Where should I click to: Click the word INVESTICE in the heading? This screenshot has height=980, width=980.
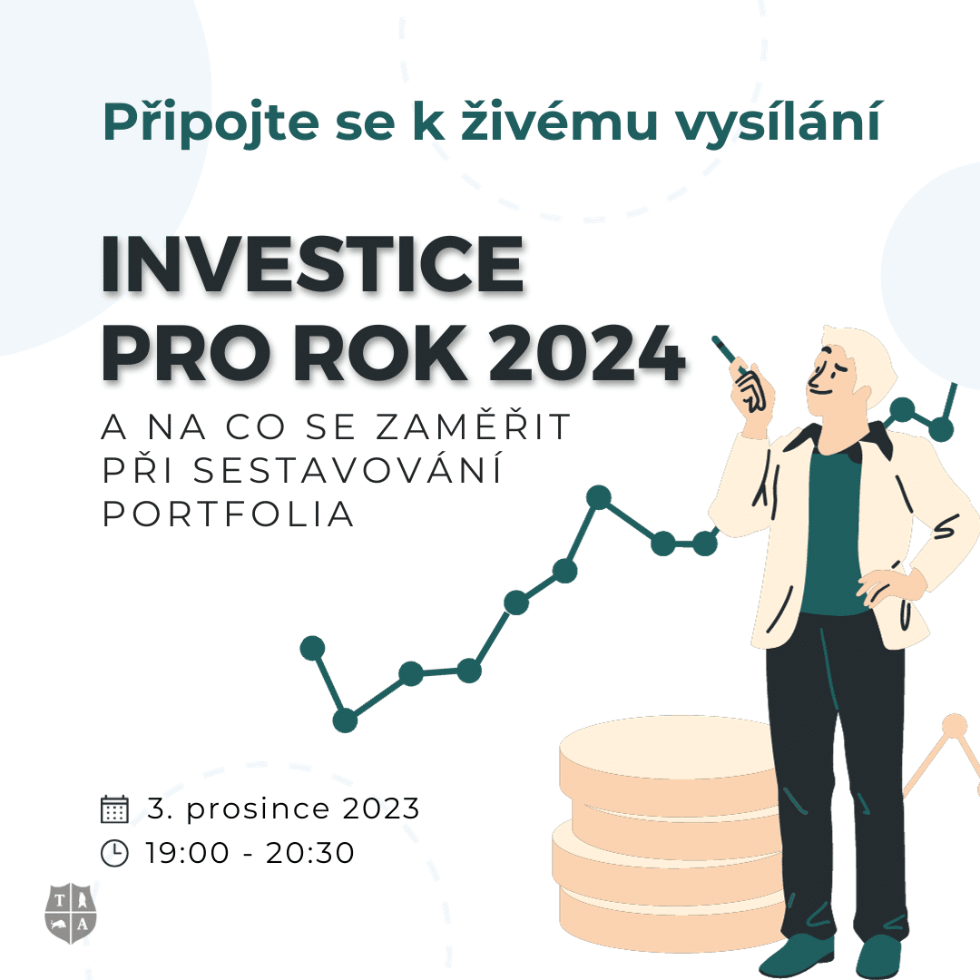click(312, 264)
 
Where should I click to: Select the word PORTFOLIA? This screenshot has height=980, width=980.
click(228, 514)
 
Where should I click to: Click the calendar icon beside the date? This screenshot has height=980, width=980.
click(114, 808)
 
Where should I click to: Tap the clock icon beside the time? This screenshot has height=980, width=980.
click(114, 853)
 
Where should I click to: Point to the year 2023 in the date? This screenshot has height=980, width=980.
click(381, 808)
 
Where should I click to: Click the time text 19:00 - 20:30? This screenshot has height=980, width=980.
click(250, 853)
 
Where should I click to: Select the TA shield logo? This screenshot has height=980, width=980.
click(71, 913)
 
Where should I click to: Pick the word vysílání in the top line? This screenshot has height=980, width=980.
click(779, 122)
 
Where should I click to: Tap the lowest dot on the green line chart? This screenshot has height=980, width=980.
click(345, 720)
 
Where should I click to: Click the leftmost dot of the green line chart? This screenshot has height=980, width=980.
click(312, 648)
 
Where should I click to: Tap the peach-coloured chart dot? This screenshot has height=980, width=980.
click(955, 726)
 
